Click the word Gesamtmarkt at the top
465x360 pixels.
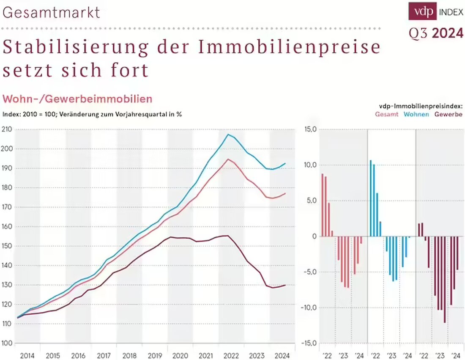(x=51, y=12)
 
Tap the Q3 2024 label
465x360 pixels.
(x=436, y=33)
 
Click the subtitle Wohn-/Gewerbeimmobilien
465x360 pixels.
(x=77, y=99)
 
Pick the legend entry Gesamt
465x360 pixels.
(x=386, y=114)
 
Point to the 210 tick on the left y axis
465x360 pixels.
(x=7, y=129)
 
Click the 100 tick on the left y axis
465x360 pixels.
(x=7, y=343)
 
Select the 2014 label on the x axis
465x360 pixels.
(x=27, y=355)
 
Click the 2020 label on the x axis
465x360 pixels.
(x=181, y=355)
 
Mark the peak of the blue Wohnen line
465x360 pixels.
(x=228, y=135)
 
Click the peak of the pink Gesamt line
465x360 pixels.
(x=228, y=159)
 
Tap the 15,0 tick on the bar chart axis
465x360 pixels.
(x=310, y=129)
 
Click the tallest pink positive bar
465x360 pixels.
(x=323, y=205)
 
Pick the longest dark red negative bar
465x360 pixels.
(x=445, y=279)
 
